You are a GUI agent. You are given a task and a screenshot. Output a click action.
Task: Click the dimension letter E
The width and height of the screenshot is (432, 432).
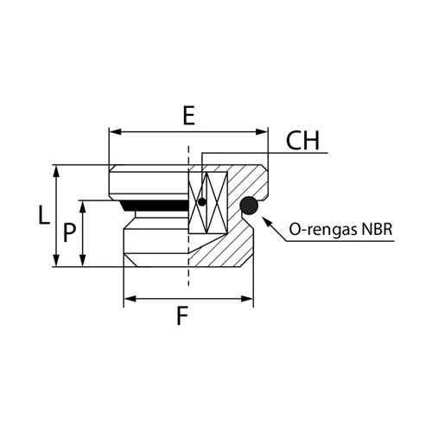coord(189,116)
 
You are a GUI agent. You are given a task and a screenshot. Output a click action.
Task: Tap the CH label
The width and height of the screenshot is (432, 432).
coord(302,141)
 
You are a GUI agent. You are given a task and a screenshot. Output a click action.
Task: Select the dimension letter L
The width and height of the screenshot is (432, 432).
coord(44,214)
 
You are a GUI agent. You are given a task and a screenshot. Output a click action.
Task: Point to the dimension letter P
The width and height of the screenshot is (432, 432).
coord(69,232)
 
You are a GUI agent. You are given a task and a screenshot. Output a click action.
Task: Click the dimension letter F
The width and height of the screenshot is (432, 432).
coord(182,316)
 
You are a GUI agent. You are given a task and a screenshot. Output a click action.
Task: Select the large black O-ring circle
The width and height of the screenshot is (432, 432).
coord(249,206)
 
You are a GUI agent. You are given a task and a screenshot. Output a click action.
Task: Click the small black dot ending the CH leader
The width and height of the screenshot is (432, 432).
coord(202,202)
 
